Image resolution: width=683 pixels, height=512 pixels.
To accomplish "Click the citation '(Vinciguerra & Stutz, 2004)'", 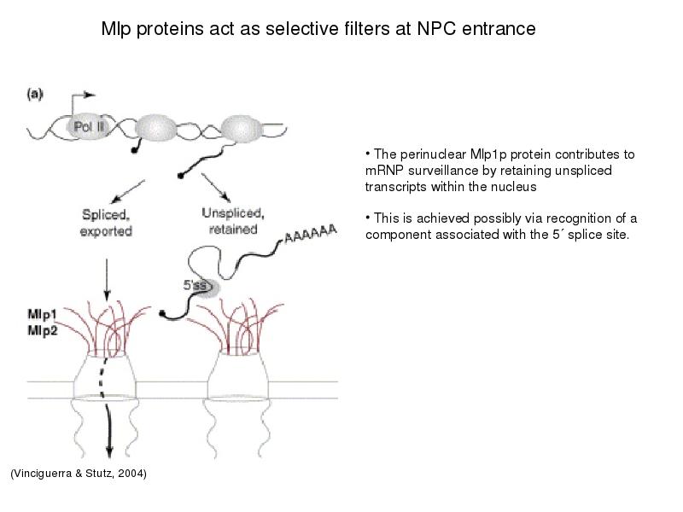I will coord(79,474).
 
